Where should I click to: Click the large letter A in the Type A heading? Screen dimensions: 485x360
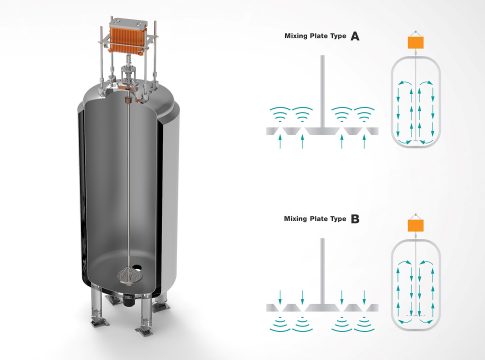[x=355, y=36]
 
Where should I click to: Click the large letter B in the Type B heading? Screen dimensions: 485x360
[x=355, y=219]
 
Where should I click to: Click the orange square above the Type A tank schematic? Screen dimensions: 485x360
[x=416, y=42]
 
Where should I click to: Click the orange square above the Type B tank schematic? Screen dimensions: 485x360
[x=416, y=225]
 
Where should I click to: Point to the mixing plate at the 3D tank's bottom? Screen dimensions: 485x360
[x=129, y=275]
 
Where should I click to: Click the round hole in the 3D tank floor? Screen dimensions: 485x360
[x=137, y=267]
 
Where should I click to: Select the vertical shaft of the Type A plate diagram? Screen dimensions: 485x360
[x=322, y=91]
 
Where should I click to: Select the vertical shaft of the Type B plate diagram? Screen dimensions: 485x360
[x=322, y=271]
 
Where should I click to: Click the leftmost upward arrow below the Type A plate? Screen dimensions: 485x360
[x=280, y=141]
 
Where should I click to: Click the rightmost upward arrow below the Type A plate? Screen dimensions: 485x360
[x=364, y=141]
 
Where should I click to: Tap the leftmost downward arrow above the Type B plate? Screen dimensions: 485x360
[x=280, y=297]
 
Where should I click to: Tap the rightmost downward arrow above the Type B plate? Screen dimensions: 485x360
[x=364, y=297]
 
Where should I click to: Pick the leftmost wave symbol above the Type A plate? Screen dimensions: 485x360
[x=280, y=113]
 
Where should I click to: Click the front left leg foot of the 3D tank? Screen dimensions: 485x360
[x=100, y=322]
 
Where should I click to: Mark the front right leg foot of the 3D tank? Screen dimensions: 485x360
[x=145, y=330]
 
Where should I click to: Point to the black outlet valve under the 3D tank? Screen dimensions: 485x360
[x=129, y=301]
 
